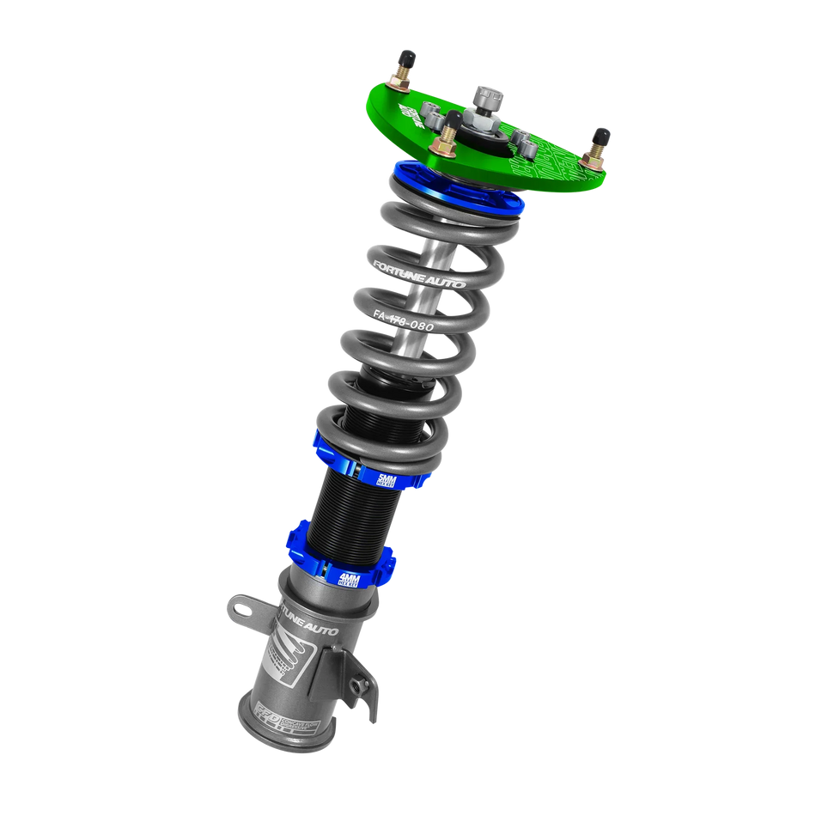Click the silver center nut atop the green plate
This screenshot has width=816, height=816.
[x=489, y=101]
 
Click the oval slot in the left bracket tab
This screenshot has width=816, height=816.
[x=241, y=609]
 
